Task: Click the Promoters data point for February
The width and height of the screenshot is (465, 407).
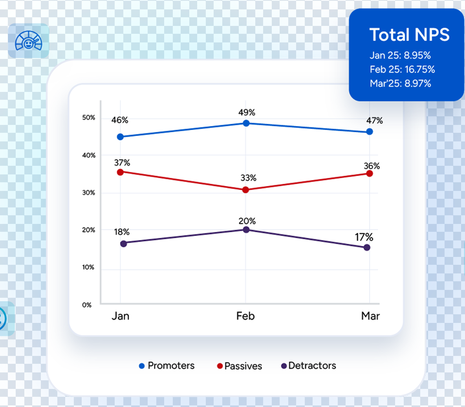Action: pyautogui.click(x=246, y=123)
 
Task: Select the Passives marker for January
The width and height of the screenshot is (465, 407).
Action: pyautogui.click(x=120, y=172)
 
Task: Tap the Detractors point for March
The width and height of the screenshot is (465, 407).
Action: pyautogui.click(x=367, y=247)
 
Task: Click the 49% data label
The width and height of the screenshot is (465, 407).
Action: pyautogui.click(x=247, y=113)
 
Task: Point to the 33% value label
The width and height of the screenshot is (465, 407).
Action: pyautogui.click(x=248, y=178)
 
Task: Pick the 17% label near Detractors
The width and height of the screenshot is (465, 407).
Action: pyautogui.click(x=364, y=237)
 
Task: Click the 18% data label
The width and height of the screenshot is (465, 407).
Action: pyautogui.click(x=121, y=231)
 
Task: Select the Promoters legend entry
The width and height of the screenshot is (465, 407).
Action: pyautogui.click(x=167, y=366)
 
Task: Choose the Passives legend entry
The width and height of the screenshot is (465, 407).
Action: pyautogui.click(x=239, y=366)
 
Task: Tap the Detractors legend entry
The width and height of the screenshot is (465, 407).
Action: pyautogui.click(x=308, y=366)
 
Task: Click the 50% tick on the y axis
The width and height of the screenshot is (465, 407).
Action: pyautogui.click(x=88, y=118)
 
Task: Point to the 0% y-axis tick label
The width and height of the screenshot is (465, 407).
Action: pyautogui.click(x=87, y=305)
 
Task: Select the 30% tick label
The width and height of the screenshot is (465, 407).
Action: pyautogui.click(x=88, y=193)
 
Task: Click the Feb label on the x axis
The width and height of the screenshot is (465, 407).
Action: pyautogui.click(x=245, y=316)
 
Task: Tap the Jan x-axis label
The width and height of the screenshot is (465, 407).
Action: pyautogui.click(x=120, y=316)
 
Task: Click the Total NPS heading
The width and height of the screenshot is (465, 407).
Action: pyautogui.click(x=409, y=35)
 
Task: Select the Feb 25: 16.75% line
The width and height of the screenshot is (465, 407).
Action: pyautogui.click(x=402, y=70)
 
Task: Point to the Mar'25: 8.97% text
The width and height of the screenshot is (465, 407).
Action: pyautogui.click(x=400, y=83)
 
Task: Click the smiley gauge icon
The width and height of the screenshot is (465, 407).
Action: pyautogui.click(x=28, y=41)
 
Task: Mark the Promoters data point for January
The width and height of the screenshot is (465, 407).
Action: pyautogui.click(x=120, y=137)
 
